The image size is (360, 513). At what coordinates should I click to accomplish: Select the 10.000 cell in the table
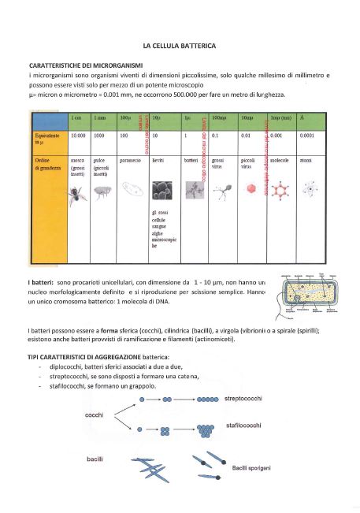pyautogui.click(x=79, y=136)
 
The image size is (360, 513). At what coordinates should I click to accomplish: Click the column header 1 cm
pyautogui.click(x=76, y=117)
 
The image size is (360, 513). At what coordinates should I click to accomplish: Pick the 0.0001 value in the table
pyautogui.click(x=307, y=136)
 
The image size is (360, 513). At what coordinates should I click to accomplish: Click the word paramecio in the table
pyautogui.click(x=129, y=160)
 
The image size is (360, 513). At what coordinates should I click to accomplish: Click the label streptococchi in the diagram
pyautogui.click(x=247, y=399)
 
